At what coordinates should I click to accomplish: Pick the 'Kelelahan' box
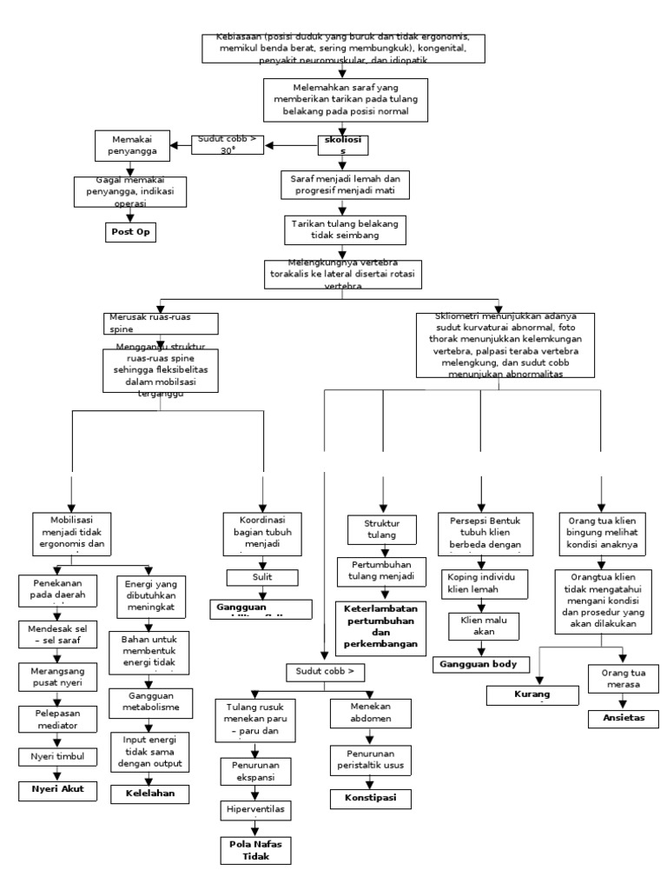tap(150, 794)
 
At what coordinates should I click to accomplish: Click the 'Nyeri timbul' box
tap(57, 756)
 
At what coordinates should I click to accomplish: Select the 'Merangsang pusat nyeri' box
tap(56, 675)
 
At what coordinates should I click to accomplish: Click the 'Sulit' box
tap(263, 576)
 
